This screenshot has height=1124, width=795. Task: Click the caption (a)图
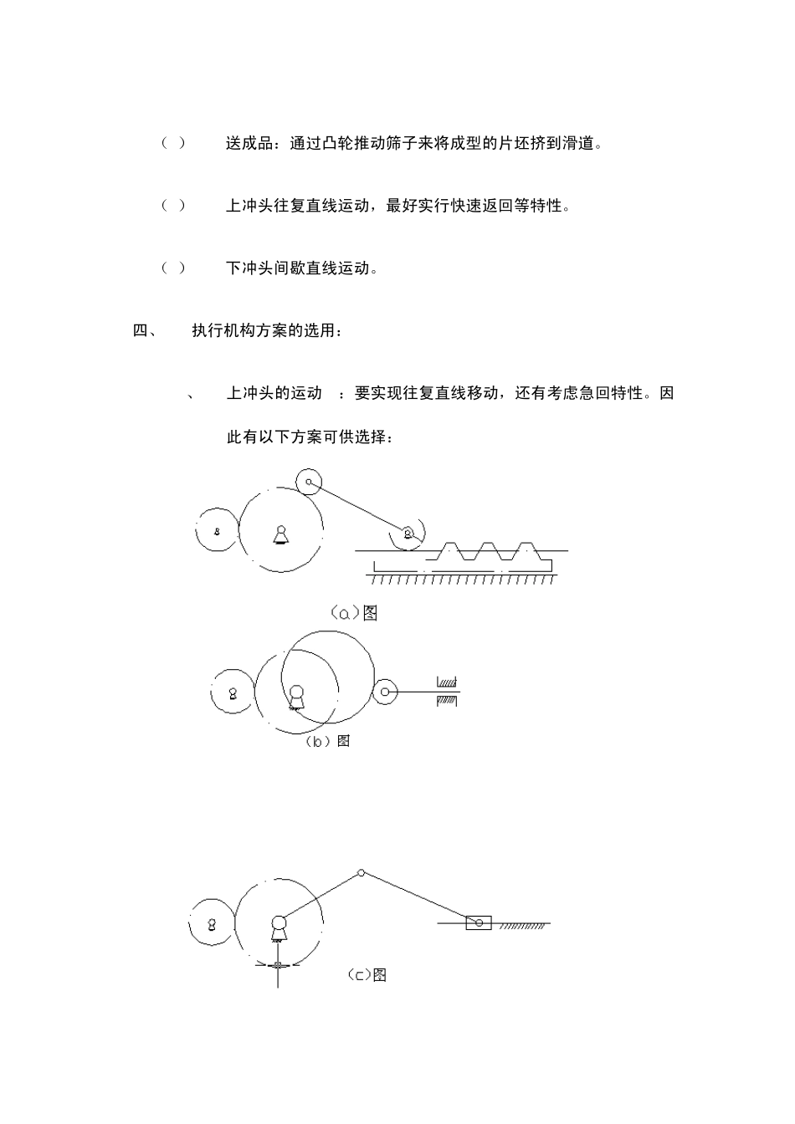355,613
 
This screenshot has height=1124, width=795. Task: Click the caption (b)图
327,741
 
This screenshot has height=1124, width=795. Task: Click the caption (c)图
367,975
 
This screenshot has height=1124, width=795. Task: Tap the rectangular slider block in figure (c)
479,923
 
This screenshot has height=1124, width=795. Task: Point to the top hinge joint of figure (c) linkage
361,873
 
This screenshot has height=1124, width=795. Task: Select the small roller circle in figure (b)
385,692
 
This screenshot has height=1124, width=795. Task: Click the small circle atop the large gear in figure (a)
309,481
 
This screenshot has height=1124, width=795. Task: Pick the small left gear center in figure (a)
217,531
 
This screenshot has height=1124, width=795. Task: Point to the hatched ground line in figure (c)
524,927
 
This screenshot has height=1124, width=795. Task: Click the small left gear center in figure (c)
212,924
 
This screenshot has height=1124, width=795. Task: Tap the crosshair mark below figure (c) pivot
278,966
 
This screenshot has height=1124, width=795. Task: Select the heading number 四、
144,330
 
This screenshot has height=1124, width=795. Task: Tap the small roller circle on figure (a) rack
408,534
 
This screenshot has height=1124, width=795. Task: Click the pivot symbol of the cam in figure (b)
295,696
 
